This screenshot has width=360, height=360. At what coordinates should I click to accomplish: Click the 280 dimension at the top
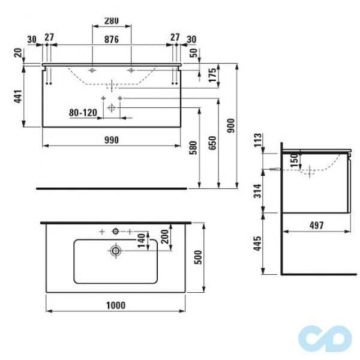[112, 20]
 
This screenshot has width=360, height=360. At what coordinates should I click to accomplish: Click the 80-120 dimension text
[82, 112]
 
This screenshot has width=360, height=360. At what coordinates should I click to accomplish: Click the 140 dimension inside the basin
[142, 243]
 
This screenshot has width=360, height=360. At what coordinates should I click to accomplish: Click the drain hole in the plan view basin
[115, 251]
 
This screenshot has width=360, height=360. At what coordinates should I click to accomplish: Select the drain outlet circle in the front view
[112, 107]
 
